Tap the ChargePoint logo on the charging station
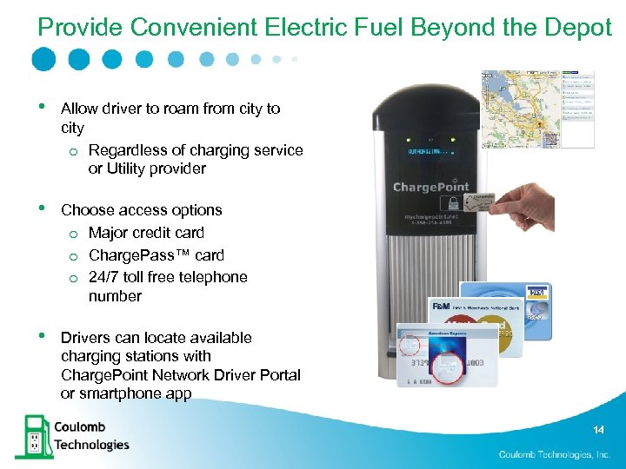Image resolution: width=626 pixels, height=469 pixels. point(431,187)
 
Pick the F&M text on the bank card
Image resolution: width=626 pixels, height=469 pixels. point(441,307)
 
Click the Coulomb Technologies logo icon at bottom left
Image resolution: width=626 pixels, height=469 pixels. point(32,436)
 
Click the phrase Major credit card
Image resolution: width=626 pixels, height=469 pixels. point(146,233)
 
